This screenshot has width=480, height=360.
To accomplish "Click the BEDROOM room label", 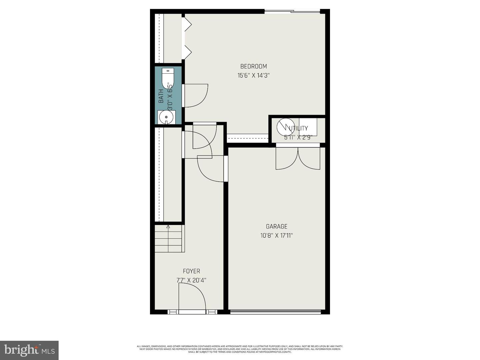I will [253, 66].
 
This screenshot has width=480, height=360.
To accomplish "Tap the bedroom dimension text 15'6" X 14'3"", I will [253, 75].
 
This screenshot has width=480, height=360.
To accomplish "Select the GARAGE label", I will [276, 227].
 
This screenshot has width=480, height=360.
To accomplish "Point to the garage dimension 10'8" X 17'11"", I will [276, 236].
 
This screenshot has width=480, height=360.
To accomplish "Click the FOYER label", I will [191, 271].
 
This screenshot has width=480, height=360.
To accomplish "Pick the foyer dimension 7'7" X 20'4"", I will [191, 280].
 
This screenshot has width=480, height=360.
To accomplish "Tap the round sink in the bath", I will [166, 117].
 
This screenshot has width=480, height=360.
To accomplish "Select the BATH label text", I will [161, 96].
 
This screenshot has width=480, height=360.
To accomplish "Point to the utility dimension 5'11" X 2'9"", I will [298, 137].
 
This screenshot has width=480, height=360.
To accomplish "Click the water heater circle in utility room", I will [285, 127].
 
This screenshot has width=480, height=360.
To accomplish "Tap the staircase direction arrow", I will [168, 227].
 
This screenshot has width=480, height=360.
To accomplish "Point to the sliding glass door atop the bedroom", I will [292, 12].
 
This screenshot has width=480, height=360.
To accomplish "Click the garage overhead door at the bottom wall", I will [275, 312].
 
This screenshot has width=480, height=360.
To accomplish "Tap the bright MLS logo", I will [29, 350].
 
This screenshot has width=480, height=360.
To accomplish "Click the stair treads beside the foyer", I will [169, 239].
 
